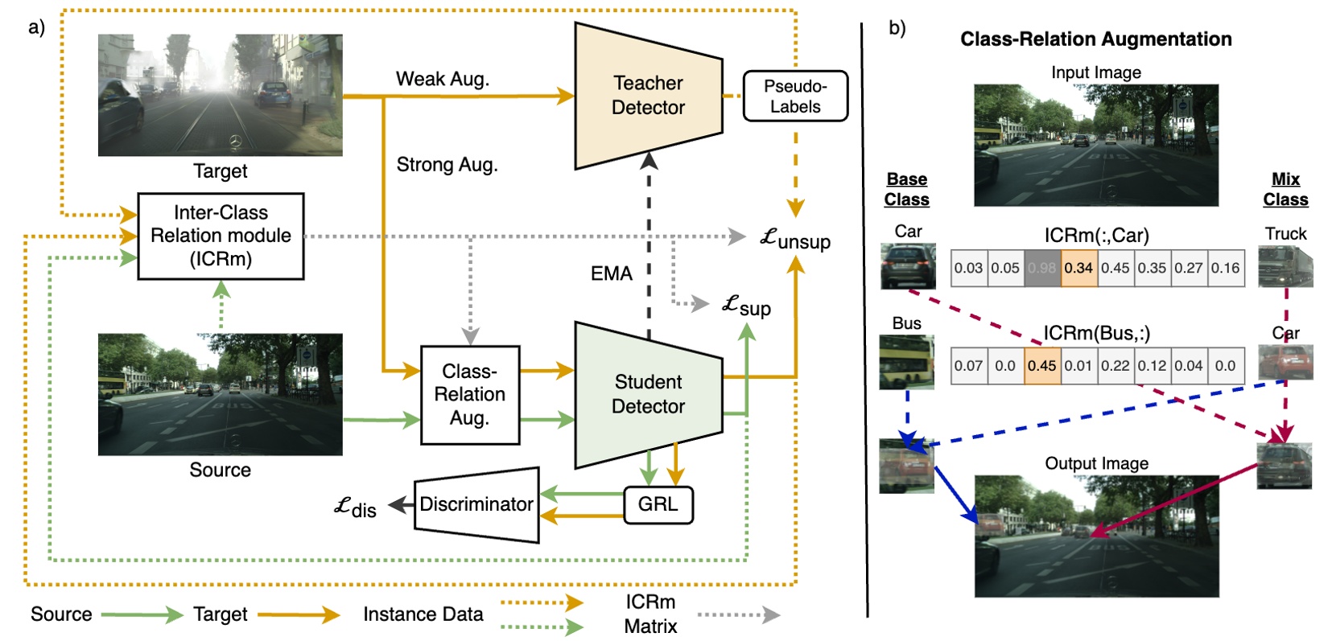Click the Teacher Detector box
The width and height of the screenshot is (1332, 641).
(648, 96)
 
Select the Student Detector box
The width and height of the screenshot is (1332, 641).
(648, 394)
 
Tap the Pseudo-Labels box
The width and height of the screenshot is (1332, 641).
(794, 97)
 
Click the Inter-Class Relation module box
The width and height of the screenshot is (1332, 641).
(221, 236)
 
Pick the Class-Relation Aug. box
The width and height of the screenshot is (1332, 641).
(470, 394)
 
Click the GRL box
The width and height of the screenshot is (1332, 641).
(658, 504)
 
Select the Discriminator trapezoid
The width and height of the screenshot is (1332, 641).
(476, 504)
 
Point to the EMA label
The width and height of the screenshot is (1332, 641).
(611, 273)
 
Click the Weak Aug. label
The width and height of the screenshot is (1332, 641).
(442, 79)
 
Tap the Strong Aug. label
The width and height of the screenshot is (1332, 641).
(447, 165)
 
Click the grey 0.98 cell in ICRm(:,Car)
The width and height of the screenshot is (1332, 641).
(1041, 268)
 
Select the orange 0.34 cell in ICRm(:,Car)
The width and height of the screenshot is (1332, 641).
(1078, 268)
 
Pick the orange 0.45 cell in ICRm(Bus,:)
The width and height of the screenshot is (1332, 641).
(1041, 366)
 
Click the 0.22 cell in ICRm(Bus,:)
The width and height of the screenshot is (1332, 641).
(1115, 366)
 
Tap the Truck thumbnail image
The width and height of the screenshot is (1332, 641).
(1285, 267)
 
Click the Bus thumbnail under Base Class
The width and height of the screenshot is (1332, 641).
(906, 362)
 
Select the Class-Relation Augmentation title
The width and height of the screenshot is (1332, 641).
(1095, 39)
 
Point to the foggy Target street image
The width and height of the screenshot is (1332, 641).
(220, 95)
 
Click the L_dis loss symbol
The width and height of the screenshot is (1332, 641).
(355, 507)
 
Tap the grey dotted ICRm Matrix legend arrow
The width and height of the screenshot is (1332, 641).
(738, 615)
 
